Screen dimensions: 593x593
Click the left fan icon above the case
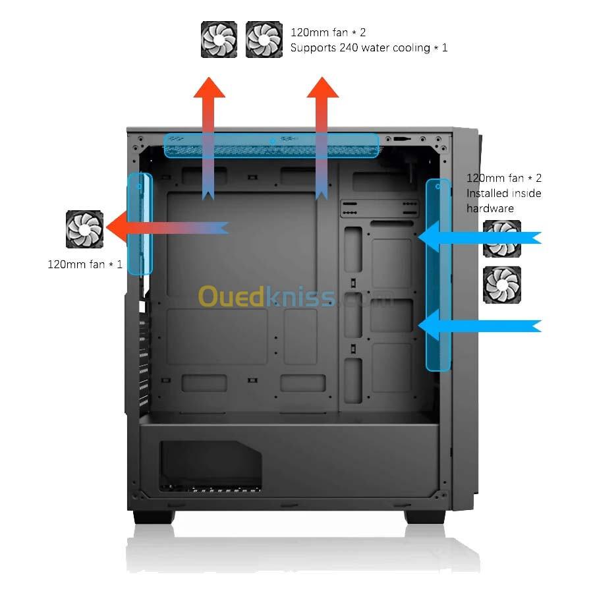coord(219,39)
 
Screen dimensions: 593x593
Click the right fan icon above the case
coord(264,39)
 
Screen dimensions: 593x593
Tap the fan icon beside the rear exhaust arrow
coord(85,229)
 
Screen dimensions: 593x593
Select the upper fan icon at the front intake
coord(502,238)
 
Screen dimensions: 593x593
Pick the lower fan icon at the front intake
coord(502,285)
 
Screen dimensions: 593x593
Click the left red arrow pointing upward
coord(209,132)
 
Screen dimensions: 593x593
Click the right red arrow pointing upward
coord(322,132)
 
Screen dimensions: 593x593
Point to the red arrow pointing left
coord(165,228)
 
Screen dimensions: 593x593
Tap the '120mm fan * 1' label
coord(85,264)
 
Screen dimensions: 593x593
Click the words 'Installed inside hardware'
coord(504,200)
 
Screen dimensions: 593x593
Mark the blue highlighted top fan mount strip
coord(271,146)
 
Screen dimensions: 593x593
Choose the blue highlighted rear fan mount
coord(140,223)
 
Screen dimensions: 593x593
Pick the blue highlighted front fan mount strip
coord(438,274)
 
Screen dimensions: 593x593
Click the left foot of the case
coord(154,516)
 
